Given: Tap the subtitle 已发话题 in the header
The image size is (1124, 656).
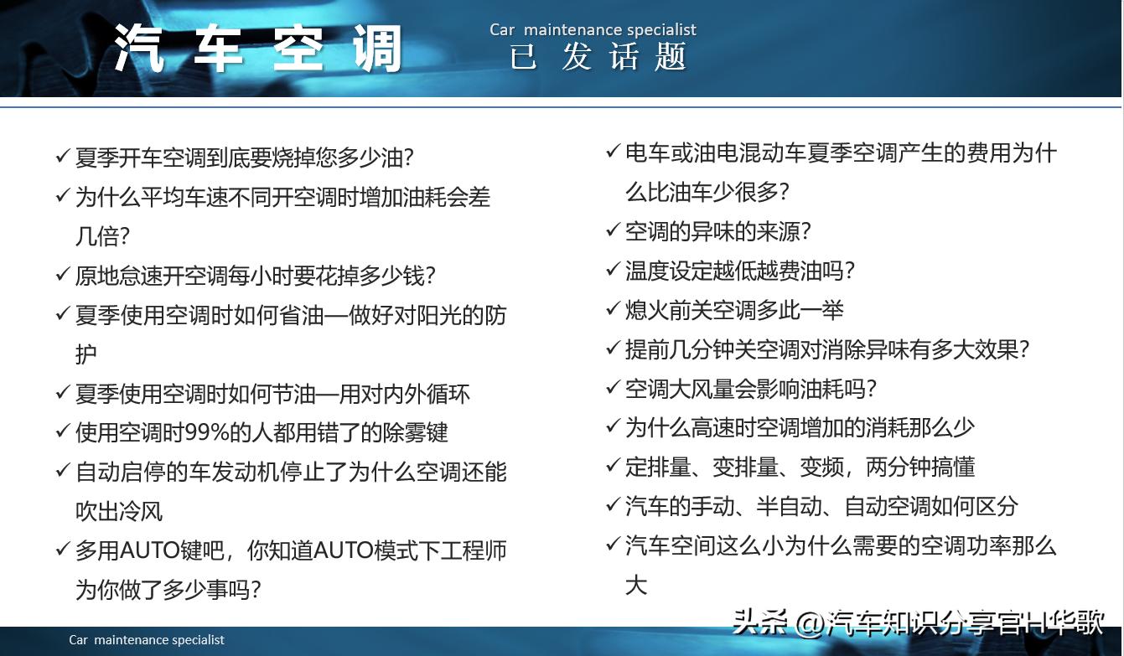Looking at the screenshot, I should (598, 58).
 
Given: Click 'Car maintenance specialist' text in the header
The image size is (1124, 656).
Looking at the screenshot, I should (593, 30).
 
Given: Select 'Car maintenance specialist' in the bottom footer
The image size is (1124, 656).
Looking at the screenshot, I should (147, 640).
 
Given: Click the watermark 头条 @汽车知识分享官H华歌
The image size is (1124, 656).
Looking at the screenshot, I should (918, 622).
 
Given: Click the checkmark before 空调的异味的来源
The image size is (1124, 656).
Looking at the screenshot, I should (613, 231).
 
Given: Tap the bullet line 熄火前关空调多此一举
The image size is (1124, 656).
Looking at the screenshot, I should (734, 310).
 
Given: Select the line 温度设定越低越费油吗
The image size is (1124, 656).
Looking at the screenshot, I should (740, 271).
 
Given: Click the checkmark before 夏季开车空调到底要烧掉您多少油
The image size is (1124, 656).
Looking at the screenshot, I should (62, 157).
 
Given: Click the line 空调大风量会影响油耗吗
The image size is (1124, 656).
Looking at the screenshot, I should (751, 389).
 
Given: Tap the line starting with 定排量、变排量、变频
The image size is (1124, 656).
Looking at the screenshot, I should (800, 467).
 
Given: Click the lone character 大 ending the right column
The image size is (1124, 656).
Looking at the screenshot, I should (636, 584).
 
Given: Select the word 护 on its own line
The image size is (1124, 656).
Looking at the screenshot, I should (86, 354).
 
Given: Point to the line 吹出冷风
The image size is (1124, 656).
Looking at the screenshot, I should (119, 511).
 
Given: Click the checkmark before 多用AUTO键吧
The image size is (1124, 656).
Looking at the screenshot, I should (62, 550).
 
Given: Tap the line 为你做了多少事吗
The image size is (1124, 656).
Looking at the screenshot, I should (168, 590).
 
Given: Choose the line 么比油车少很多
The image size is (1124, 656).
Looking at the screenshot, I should (707, 192).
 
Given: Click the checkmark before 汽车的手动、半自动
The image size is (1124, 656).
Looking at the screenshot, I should (613, 506).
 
